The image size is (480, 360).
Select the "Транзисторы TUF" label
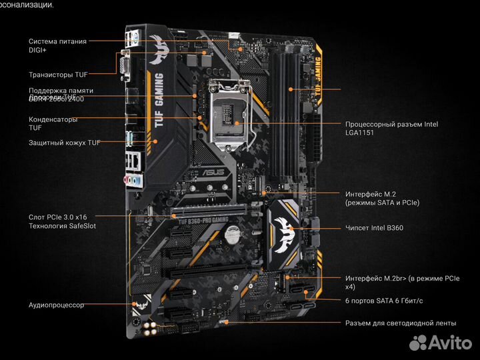(57, 74)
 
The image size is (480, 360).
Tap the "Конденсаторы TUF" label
(53, 123)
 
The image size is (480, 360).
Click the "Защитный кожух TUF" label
(63, 143)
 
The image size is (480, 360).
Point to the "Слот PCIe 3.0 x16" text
(57, 217)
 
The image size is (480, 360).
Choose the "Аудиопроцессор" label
(56, 305)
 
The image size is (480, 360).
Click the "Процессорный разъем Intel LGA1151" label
(391, 128)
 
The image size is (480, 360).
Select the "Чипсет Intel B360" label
(373, 227)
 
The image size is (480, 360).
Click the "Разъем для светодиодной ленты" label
(400, 323)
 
